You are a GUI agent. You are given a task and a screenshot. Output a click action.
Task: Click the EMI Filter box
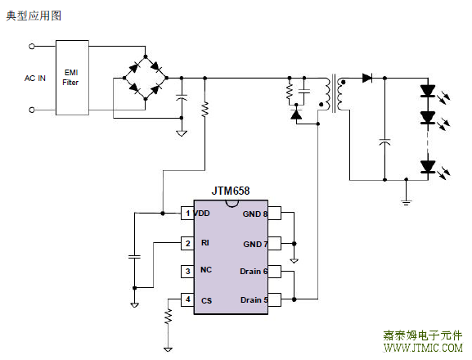click(72, 78)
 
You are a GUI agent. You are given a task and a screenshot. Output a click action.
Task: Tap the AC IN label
click(35, 79)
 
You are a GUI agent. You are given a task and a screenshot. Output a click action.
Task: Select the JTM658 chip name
click(231, 191)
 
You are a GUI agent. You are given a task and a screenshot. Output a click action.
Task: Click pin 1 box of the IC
click(187, 213)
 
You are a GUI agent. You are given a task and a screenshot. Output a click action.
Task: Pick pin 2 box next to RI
click(187, 243)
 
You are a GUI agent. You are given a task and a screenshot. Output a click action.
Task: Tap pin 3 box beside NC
click(187, 271)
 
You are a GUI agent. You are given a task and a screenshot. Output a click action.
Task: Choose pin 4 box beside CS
click(187, 299)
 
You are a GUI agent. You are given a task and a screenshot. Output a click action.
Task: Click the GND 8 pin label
click(255, 214)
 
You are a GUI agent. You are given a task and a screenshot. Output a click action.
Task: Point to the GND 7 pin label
click(255, 244)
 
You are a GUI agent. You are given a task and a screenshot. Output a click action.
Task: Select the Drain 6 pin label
click(254, 271)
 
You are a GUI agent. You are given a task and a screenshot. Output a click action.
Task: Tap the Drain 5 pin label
click(254, 300)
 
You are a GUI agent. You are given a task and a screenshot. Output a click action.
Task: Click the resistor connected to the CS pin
click(169, 317)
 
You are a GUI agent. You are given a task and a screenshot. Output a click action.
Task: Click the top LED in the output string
click(428, 91)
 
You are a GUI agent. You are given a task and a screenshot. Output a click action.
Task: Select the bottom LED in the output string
click(428, 167)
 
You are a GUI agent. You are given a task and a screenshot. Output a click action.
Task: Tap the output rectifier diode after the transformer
click(367, 79)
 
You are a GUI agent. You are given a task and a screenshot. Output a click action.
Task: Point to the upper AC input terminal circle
click(32, 47)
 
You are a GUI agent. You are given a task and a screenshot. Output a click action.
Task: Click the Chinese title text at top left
click(34, 16)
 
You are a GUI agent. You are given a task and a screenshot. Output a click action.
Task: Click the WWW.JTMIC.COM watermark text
click(423, 348)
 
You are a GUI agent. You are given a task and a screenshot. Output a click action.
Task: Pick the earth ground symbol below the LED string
click(406, 201)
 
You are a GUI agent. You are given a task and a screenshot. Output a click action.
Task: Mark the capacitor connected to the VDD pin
click(134, 257)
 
